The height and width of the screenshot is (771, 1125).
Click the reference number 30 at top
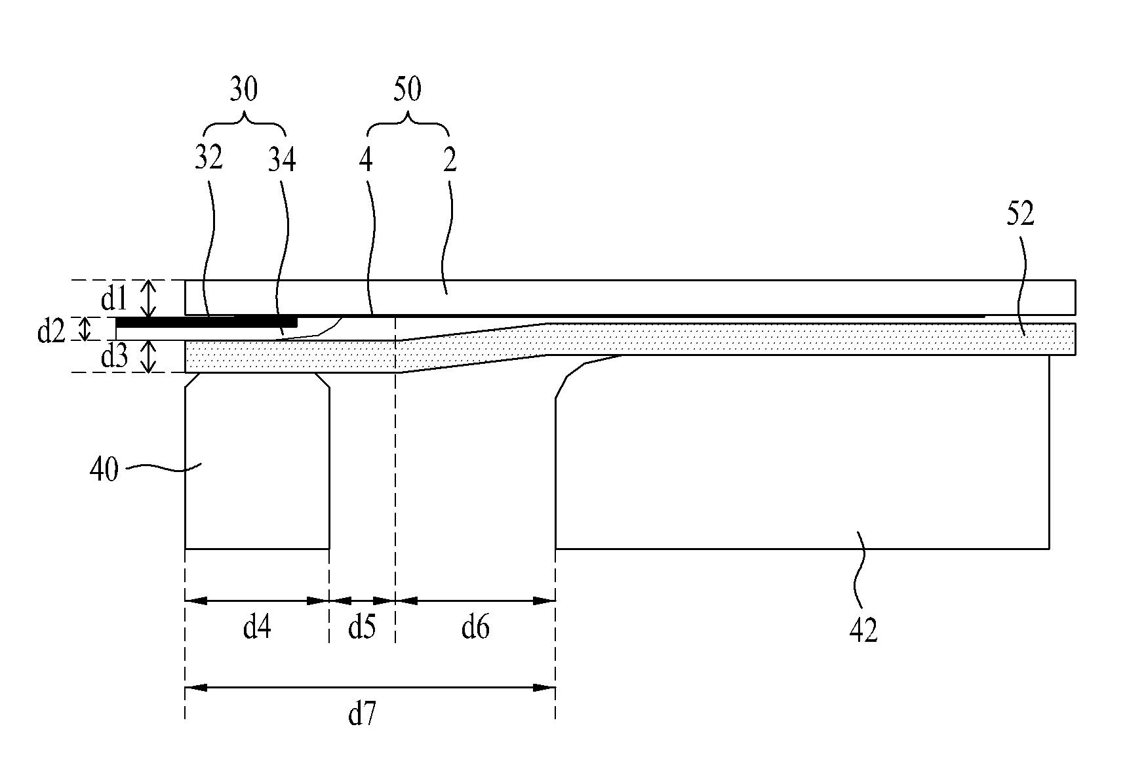pos(243,90)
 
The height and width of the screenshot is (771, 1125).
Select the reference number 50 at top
pos(406,90)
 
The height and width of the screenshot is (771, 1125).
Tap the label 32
pos(208,159)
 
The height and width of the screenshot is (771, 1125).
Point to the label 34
pos(282,160)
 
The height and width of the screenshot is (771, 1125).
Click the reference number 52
pos(1020,214)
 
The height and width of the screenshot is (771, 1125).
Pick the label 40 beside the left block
pos(104,469)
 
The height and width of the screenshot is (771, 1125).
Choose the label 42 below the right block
pos(863,630)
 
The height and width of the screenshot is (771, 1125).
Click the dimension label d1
pos(113,300)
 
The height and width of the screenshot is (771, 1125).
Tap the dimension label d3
pos(113,357)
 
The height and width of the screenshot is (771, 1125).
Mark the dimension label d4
pos(256,628)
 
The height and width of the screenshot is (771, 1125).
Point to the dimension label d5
pos(361,628)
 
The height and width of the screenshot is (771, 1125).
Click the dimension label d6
pos(475,628)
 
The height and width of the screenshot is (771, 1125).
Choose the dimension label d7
pos(362,715)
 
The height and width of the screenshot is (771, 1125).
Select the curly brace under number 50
pos(408,122)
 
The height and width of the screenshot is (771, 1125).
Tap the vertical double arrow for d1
pos(150,298)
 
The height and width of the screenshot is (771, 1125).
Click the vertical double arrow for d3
pos(150,357)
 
